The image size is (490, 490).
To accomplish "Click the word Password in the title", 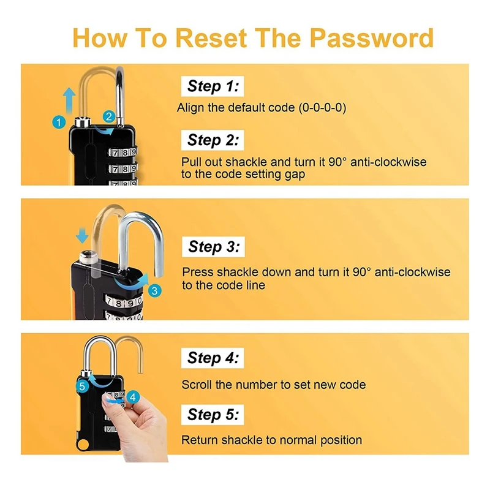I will point(371,37).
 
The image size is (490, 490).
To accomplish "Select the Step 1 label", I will point(213,86).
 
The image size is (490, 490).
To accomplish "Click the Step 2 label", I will point(213,140).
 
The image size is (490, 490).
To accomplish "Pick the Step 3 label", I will point(214,247).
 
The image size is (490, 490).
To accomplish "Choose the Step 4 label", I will point(213,358).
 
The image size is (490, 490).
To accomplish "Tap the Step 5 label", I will point(213,415).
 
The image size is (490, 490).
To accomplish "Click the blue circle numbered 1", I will point(58,123).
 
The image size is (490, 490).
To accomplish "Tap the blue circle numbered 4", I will point(133,397).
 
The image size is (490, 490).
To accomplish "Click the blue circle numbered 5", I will point(83,386).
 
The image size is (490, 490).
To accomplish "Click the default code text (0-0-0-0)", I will point(322,108).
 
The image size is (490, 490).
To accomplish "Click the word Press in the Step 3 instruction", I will point(197,272).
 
